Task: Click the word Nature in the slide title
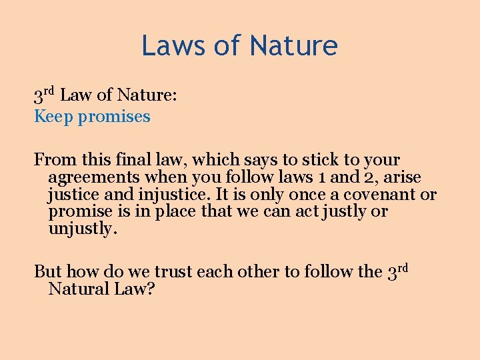[x=293, y=45]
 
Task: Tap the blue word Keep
[x=54, y=117]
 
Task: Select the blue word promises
[x=114, y=117]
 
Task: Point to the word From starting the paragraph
[x=56, y=160]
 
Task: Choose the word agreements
[x=94, y=178]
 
